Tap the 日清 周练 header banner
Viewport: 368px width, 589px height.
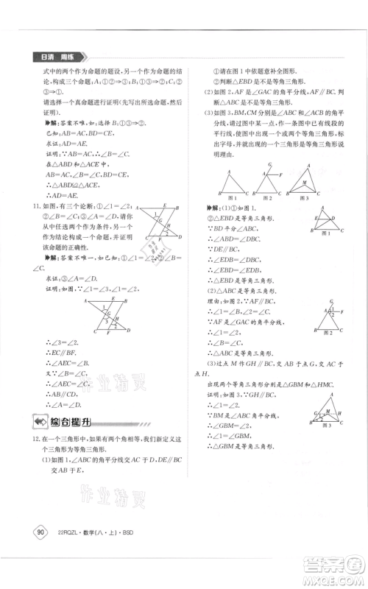[54, 57]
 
